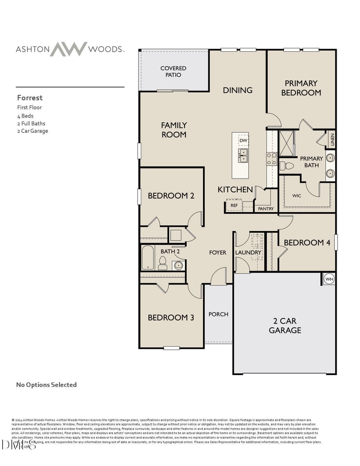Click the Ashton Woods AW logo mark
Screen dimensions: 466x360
pyautogui.click(x=68, y=49)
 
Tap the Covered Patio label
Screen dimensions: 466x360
pyautogui.click(x=173, y=72)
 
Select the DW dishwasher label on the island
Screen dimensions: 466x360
pyautogui.click(x=243, y=141)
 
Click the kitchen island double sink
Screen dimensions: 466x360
pyautogui.click(x=243, y=156)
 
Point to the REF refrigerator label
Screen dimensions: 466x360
pyautogui.click(x=234, y=205)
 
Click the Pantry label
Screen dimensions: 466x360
pyautogui.click(x=266, y=209)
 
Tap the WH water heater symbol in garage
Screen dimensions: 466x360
pyautogui.click(x=329, y=279)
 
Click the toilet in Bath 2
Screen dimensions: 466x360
pyautogui.click(x=162, y=263)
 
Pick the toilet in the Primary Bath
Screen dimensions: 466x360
pyautogui.click(x=286, y=166)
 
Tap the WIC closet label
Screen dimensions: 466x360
pyautogui.click(x=297, y=196)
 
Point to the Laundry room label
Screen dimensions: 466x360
pyautogui.click(x=248, y=253)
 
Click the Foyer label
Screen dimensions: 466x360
pyautogui.click(x=217, y=253)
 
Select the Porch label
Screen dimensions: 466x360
pyautogui.click(x=218, y=314)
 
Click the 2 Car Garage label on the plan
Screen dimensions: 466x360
pyautogui.click(x=285, y=326)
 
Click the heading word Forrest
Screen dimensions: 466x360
pyautogui.click(x=30, y=97)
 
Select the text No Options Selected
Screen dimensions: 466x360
pyautogui.click(x=46, y=385)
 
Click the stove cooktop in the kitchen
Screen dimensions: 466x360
pyautogui.click(x=271, y=158)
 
